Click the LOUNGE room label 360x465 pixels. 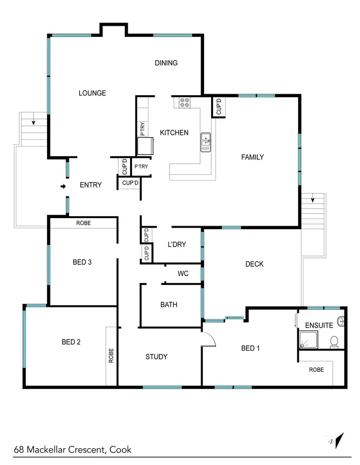(92, 93)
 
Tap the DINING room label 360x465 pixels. (166, 63)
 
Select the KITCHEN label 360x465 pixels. (174, 133)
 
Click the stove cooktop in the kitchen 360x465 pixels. (185, 102)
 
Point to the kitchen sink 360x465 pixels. (206, 142)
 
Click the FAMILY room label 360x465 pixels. (252, 157)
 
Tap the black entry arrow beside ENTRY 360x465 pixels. (63, 186)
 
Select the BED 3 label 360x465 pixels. (82, 262)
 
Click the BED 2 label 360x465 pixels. (71, 342)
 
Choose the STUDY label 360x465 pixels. (156, 356)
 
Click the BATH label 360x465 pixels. (168, 305)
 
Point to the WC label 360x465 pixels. (183, 274)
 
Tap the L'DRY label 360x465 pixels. (176, 245)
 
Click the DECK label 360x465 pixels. (254, 264)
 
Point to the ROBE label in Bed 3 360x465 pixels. (84, 223)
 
